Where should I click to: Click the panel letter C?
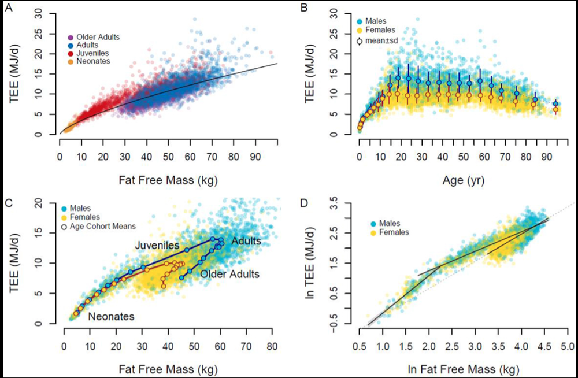tap(7, 202)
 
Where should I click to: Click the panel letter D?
tap(304, 202)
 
